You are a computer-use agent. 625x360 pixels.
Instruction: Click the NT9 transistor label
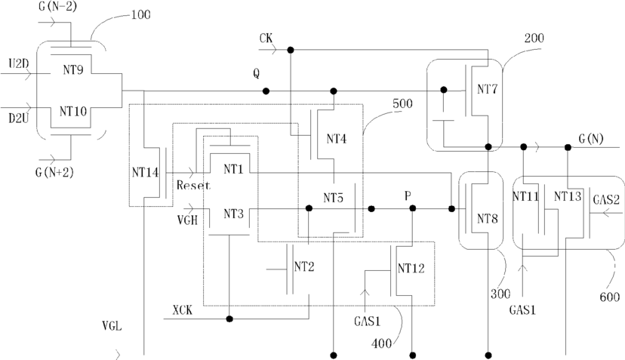(x=73, y=69)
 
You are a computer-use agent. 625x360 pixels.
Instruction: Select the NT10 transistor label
(x=73, y=111)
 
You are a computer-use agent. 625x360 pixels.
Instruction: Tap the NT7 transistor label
(x=488, y=89)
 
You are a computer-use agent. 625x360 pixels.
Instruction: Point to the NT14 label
(x=145, y=173)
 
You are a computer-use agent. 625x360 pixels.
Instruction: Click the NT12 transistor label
(x=411, y=269)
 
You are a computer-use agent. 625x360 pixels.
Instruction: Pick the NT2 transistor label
(x=304, y=266)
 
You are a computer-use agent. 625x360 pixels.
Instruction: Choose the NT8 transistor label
(x=488, y=218)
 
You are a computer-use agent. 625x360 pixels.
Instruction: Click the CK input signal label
(x=266, y=38)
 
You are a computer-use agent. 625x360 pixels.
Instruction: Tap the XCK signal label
(x=182, y=309)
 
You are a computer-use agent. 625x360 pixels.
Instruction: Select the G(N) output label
(x=591, y=139)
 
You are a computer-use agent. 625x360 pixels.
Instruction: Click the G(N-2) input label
(x=58, y=6)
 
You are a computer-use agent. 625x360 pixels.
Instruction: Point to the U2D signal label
(x=19, y=64)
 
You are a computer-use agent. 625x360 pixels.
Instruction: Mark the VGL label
(x=112, y=327)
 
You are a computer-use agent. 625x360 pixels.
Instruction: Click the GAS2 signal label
(x=606, y=199)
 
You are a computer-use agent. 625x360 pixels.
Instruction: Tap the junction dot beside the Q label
(x=266, y=91)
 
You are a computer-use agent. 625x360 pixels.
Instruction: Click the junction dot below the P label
(x=413, y=208)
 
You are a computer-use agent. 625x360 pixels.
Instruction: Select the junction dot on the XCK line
(x=229, y=318)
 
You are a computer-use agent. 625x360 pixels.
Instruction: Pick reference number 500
(x=402, y=103)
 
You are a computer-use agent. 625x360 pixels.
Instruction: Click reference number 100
(x=140, y=15)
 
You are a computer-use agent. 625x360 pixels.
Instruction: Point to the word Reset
(x=193, y=185)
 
